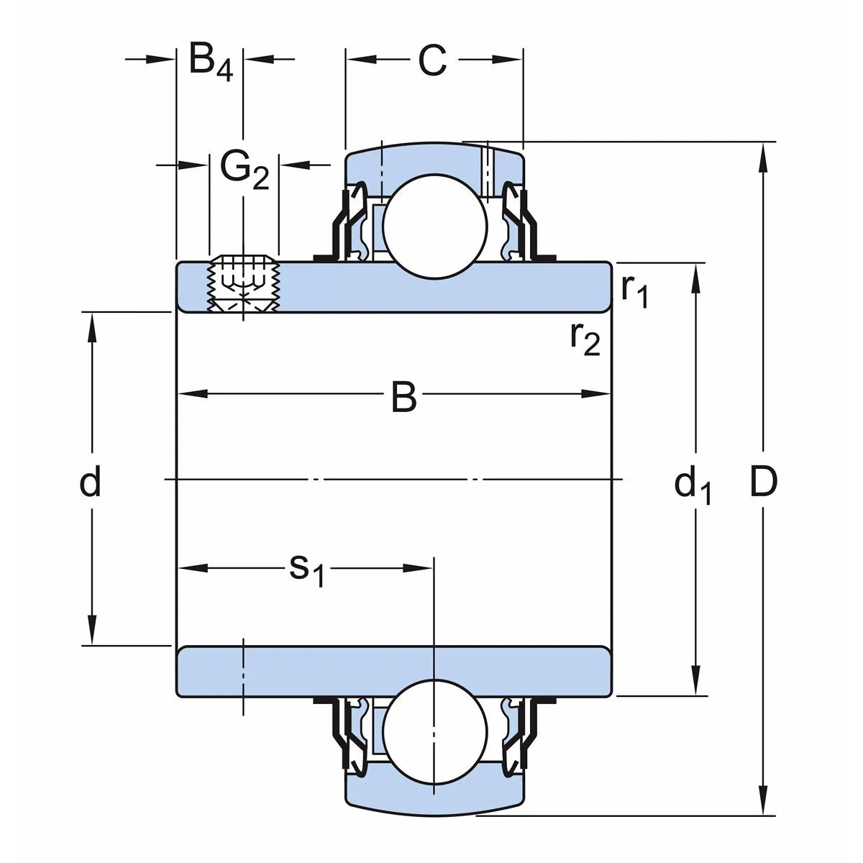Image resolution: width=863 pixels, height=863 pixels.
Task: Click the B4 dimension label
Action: (x=211, y=62)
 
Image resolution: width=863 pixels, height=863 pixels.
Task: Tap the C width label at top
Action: (x=432, y=61)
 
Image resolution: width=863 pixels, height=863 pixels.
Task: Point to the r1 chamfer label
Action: (x=634, y=290)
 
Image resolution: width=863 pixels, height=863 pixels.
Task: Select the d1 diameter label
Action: (x=693, y=484)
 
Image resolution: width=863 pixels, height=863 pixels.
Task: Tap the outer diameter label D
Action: (x=763, y=482)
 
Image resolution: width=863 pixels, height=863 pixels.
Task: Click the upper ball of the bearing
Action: (x=432, y=226)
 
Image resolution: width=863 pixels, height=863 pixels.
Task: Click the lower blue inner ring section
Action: (x=393, y=671)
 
